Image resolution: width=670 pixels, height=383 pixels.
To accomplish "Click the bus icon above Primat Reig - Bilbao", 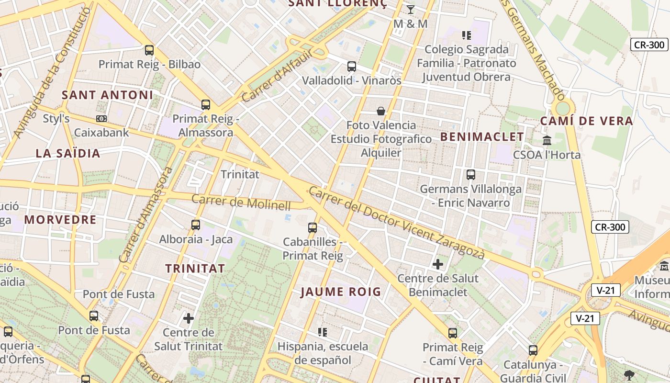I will point(149,50).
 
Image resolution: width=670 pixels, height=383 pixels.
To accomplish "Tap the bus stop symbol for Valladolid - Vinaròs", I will point(352,67).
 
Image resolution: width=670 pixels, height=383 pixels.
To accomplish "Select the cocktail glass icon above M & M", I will point(410,9).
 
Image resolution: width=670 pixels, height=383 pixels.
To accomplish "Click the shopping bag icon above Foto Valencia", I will point(381,111).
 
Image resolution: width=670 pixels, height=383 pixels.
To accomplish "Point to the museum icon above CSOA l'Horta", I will point(547,140).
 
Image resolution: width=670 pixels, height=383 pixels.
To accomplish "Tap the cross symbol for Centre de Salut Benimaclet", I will point(438,264).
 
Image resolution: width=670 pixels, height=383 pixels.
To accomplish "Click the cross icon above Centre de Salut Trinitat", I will point(189,317).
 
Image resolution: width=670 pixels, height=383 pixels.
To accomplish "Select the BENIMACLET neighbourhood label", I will point(482,137).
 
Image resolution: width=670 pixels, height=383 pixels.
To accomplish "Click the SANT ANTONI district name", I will point(108,95).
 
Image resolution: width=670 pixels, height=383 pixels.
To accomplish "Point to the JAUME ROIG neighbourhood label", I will point(341,292).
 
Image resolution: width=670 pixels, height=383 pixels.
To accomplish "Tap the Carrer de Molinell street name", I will point(241,203).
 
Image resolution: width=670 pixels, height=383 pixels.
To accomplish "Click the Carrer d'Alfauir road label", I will point(277,77).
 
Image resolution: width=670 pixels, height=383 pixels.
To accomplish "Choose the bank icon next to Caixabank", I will point(101,118).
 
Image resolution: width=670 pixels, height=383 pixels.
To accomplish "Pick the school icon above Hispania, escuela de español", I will point(323,332).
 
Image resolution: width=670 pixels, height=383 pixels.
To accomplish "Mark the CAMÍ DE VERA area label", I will point(587,121).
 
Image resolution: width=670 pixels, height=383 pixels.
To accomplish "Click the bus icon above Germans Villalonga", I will point(471,175).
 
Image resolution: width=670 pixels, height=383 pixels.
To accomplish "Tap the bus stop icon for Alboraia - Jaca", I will point(196,225).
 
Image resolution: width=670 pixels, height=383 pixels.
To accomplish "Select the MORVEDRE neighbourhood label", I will point(60,220).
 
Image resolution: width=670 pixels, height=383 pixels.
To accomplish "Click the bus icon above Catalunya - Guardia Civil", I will point(533,350).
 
